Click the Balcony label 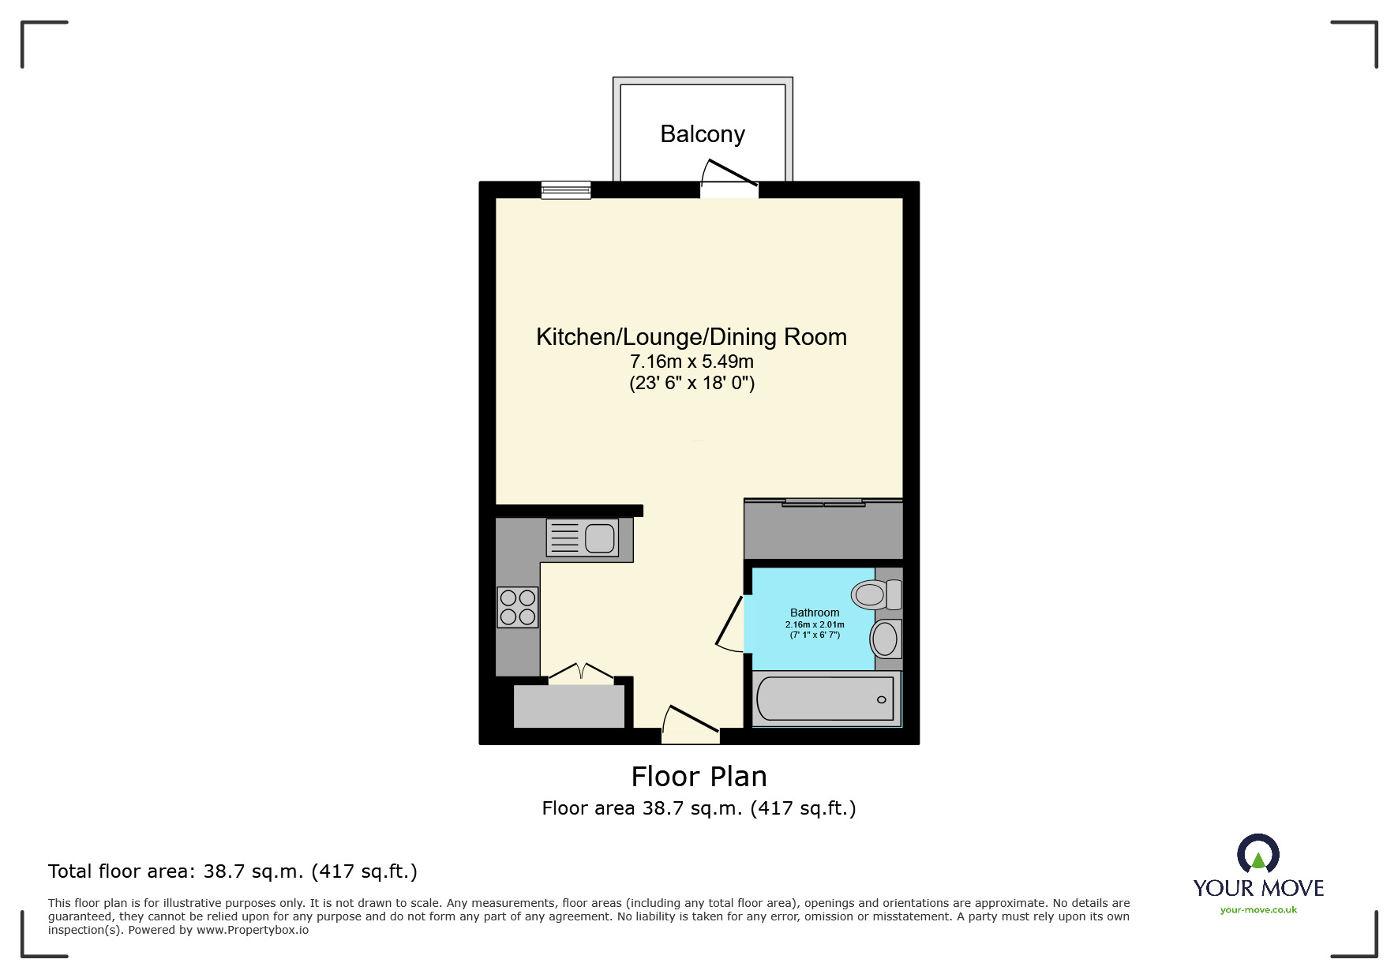702,134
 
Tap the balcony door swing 729,174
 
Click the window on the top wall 566,189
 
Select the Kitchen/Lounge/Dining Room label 691,337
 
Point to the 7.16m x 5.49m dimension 691,362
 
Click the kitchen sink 583,538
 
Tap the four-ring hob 518,607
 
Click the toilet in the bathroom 875,594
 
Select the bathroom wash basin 885,639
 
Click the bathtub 825,699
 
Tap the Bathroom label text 814,613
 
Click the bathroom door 731,624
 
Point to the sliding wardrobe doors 823,502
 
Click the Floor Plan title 699,777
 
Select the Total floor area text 232,871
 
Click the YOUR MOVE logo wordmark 1258,888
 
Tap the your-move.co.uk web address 1258,910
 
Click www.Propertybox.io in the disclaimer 252,930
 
